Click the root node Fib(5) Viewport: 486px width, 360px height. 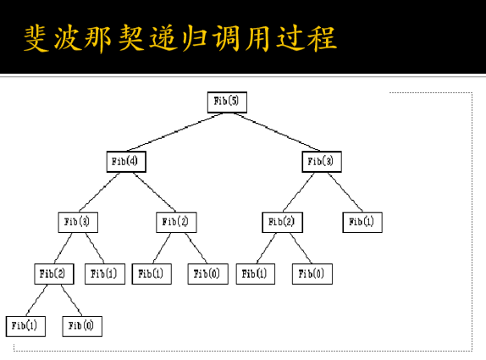click(x=226, y=101)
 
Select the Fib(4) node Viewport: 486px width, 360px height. click(x=127, y=161)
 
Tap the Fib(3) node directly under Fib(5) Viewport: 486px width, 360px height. click(x=321, y=161)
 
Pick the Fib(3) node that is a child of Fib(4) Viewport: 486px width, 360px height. click(x=78, y=222)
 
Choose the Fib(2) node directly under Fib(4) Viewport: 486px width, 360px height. click(x=176, y=222)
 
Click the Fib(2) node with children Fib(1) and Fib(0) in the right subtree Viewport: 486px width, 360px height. click(x=282, y=222)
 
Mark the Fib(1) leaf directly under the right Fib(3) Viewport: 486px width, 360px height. click(x=363, y=222)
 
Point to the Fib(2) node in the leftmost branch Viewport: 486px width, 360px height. click(x=55, y=274)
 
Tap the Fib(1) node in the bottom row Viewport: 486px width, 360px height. click(x=25, y=325)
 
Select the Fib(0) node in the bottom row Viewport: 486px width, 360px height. click(x=82, y=325)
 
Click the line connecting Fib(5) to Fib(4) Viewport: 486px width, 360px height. click(x=177, y=131)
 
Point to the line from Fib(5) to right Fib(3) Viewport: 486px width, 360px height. click(x=273, y=131)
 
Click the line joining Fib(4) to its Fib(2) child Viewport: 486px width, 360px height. click(x=152, y=191)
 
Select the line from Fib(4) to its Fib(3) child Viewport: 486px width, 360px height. click(x=102, y=191)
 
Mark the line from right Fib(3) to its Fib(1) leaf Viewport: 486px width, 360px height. click(x=343, y=191)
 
